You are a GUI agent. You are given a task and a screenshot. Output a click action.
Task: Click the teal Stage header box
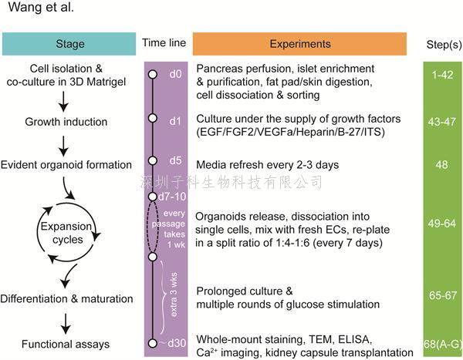point(69,44)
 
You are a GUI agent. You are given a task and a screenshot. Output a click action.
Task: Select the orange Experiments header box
point(299,44)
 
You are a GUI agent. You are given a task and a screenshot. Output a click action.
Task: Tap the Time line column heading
point(164,43)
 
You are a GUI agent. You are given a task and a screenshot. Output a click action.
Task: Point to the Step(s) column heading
point(444,45)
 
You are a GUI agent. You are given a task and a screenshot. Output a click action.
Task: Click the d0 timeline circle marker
point(152,74)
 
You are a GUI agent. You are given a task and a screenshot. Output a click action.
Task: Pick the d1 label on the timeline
point(175,121)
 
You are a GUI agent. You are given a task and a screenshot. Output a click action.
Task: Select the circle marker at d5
point(152,160)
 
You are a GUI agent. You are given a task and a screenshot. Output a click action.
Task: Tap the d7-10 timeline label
point(172,197)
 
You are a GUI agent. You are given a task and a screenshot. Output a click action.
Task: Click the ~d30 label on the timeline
point(173,343)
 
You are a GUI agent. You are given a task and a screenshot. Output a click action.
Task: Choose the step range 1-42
point(442,75)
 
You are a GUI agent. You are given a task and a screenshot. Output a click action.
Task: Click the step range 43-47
point(441,122)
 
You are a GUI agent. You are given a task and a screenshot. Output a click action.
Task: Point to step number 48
point(441,164)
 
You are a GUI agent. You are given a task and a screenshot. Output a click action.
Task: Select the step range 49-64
point(442,224)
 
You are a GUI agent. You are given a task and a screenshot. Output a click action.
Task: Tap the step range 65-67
point(443,295)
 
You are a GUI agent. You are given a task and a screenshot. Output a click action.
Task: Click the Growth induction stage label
point(66,122)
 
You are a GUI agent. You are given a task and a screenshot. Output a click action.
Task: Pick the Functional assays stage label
point(66,344)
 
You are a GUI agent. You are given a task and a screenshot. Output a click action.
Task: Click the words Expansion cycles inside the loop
point(66,233)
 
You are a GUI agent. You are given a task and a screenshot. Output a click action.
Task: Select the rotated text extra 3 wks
point(174,294)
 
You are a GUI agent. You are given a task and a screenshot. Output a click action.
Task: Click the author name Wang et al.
point(42,7)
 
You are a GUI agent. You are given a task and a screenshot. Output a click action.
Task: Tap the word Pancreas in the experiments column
point(216,69)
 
